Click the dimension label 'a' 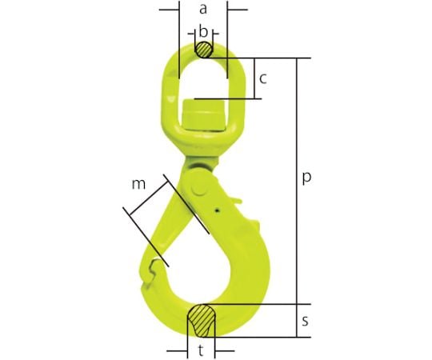pyautogui.click(x=203, y=10)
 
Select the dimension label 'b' pyautogui.click(x=203, y=32)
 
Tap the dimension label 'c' pyautogui.click(x=263, y=79)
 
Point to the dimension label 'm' pyautogui.click(x=138, y=184)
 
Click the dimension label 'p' pyautogui.click(x=306, y=178)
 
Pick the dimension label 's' pyautogui.click(x=305, y=321)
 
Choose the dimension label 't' pyautogui.click(x=201, y=351)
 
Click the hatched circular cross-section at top pyautogui.click(x=204, y=50)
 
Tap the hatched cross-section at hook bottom pyautogui.click(x=202, y=321)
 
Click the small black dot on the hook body pyautogui.click(x=218, y=210)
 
